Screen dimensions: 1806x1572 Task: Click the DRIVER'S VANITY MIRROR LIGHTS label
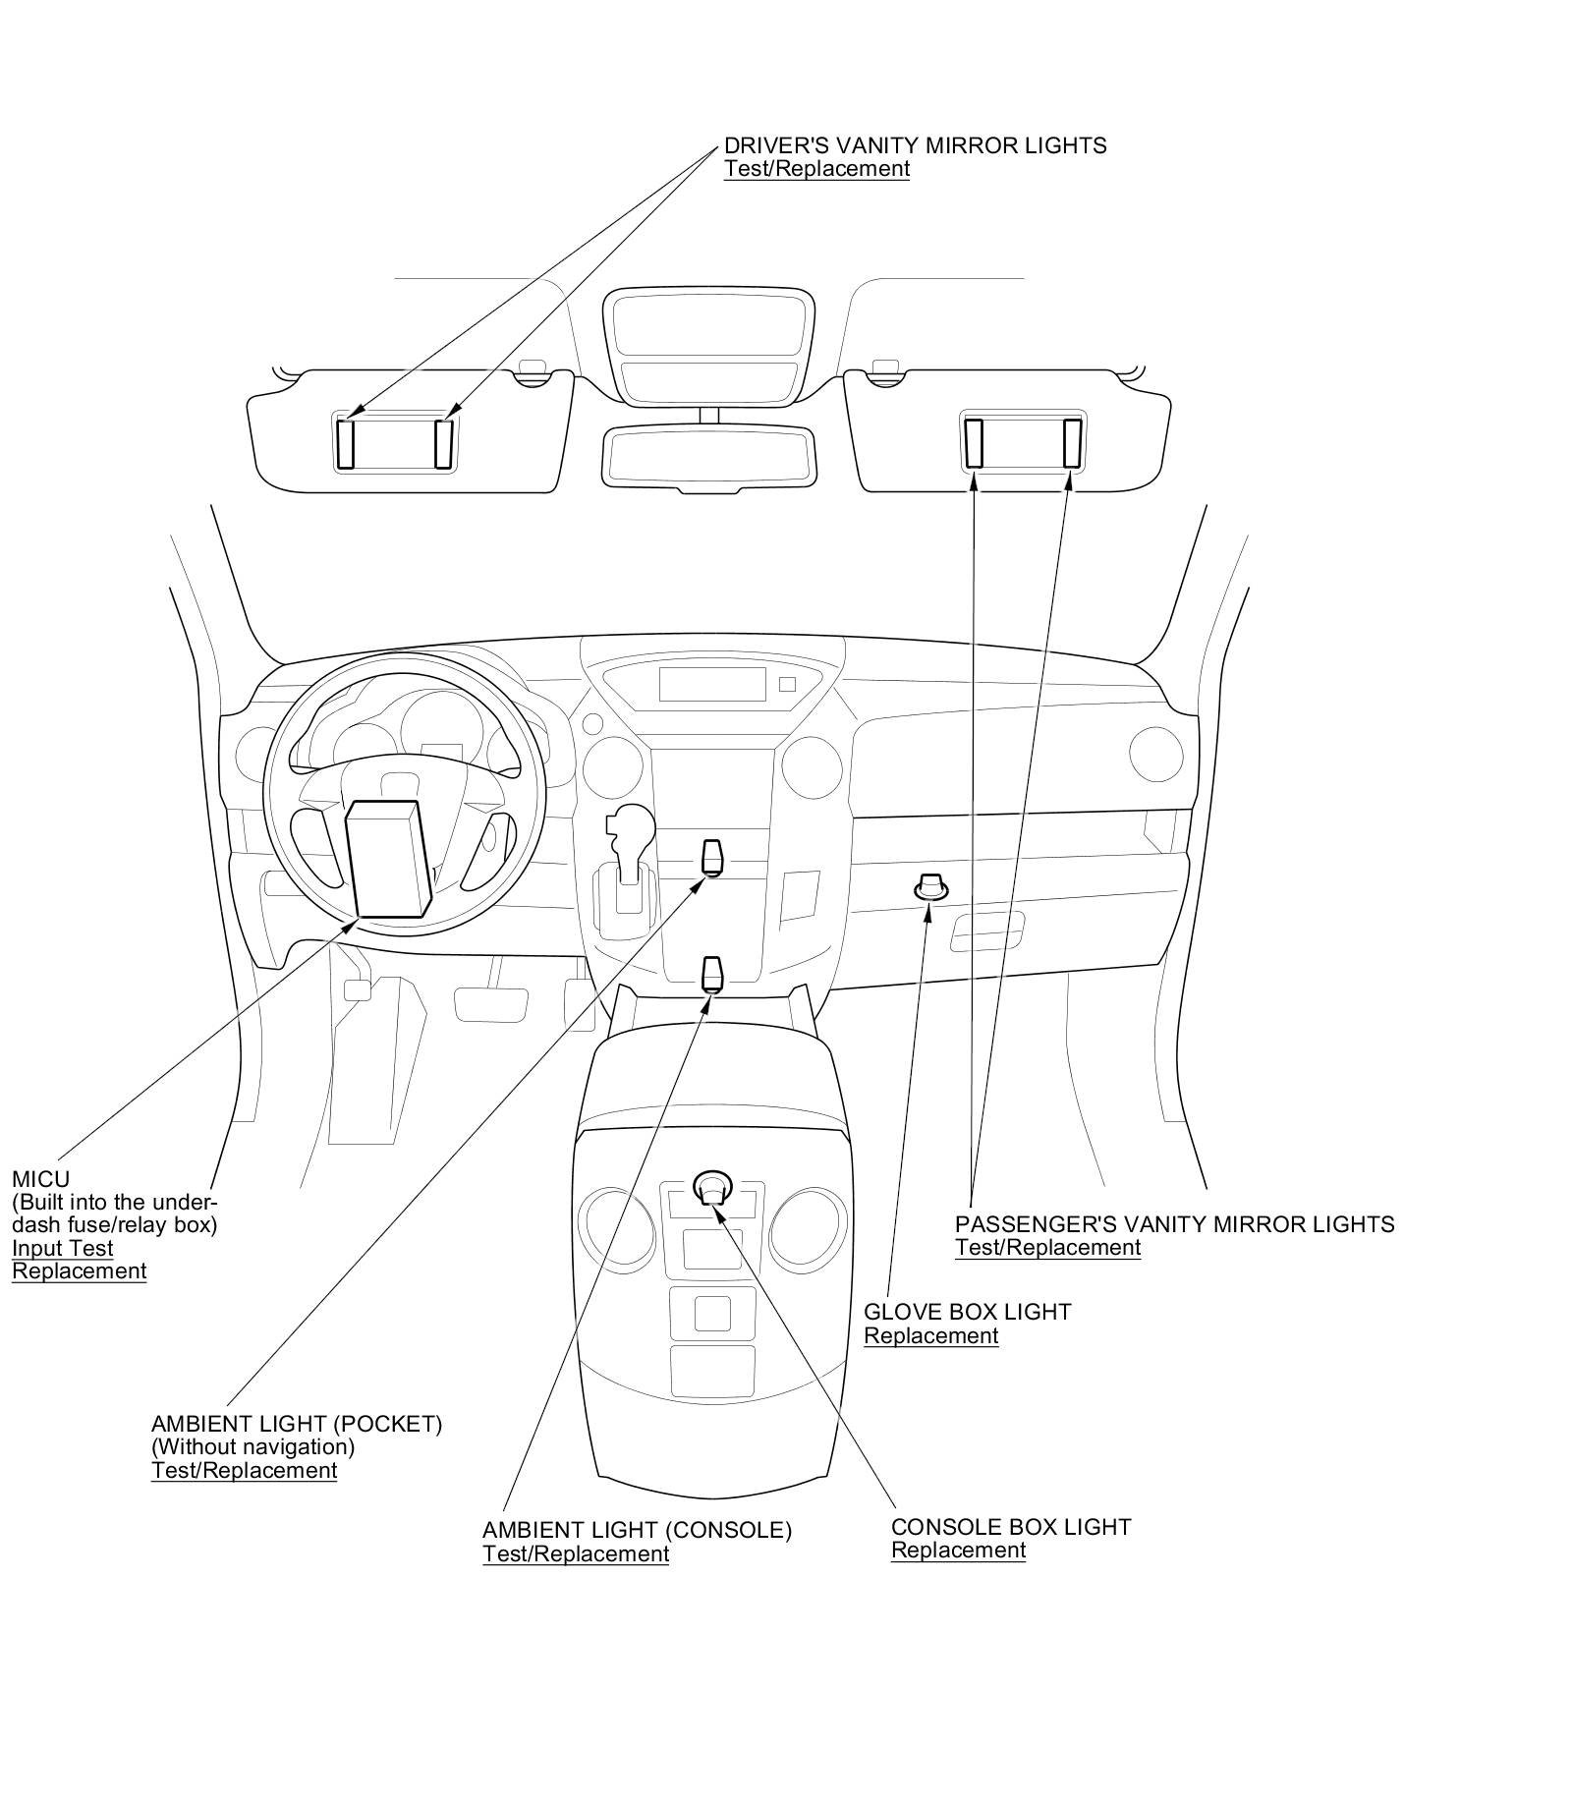[x=915, y=145]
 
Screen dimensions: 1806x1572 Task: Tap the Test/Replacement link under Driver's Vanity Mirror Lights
[x=816, y=169]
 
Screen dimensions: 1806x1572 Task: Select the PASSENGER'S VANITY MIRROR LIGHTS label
[x=1174, y=1224]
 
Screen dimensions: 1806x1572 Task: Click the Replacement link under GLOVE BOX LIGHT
[x=930, y=1336]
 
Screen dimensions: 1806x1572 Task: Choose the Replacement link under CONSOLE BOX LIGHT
[x=958, y=1551]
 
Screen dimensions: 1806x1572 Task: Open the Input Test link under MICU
[x=62, y=1249]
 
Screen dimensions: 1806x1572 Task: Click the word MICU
[x=40, y=1179]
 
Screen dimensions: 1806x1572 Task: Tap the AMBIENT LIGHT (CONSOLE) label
[x=637, y=1531]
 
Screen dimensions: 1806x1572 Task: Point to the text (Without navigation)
[x=253, y=1447]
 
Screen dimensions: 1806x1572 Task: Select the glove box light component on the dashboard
[x=930, y=887]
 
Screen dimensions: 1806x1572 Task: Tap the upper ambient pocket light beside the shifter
[x=712, y=857]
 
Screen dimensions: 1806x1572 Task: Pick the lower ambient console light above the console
[x=712, y=974]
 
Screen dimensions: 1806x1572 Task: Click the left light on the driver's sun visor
[x=346, y=444]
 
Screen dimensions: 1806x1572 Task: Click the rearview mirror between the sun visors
[x=708, y=457]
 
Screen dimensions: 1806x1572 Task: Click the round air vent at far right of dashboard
[x=1155, y=754]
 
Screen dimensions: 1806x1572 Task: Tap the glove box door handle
[x=986, y=931]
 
